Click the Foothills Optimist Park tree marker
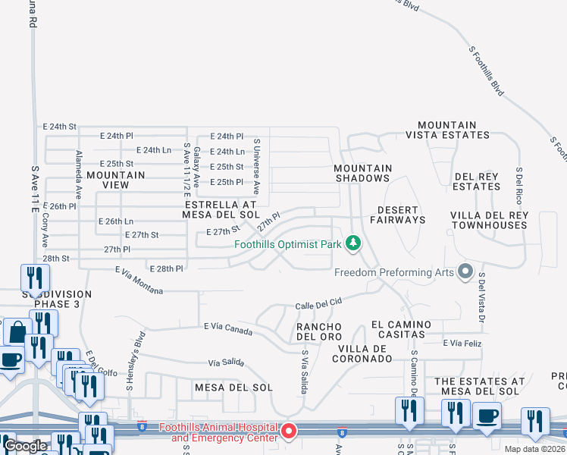click(x=352, y=243)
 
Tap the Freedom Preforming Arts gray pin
click(x=465, y=271)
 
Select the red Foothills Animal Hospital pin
click(x=289, y=432)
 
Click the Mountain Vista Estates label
click(x=447, y=130)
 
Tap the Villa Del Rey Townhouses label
click(x=489, y=220)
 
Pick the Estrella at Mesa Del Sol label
click(x=221, y=209)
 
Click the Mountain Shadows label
click(x=364, y=173)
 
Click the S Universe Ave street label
click(x=257, y=166)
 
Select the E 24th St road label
click(x=60, y=126)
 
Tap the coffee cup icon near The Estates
click(x=487, y=416)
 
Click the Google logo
click(x=25, y=446)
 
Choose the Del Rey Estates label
click(x=477, y=181)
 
